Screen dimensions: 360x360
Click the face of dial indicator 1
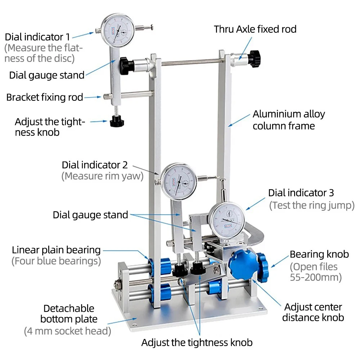point(118,30)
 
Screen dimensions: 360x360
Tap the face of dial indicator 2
point(179,181)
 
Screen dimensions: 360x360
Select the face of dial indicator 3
point(228,220)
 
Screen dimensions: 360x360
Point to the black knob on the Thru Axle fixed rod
point(255,59)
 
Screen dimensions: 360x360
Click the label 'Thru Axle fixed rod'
point(255,30)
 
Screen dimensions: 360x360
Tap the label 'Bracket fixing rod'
point(45,97)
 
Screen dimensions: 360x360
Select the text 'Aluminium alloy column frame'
point(289,120)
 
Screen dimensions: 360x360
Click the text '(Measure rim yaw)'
point(102,176)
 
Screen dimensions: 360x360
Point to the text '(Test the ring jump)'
point(312,205)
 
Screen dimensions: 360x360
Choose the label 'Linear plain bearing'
point(56,250)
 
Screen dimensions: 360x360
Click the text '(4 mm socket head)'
point(68,331)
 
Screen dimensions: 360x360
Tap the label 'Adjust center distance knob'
point(313,312)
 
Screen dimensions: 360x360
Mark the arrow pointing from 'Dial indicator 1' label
point(83,35)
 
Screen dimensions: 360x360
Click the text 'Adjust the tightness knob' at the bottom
point(197,343)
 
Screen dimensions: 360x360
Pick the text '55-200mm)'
point(316,277)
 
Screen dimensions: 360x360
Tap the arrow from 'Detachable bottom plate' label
point(122,321)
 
